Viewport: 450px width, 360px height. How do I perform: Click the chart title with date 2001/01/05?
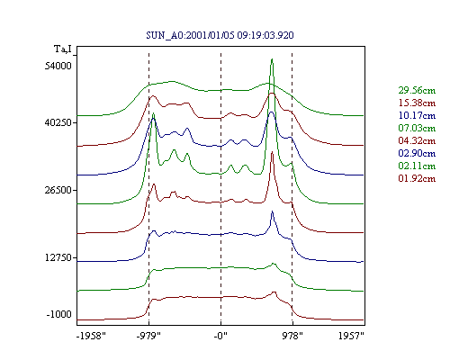pyautogui.click(x=220, y=35)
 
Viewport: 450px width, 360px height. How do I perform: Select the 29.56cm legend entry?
pyautogui.click(x=417, y=90)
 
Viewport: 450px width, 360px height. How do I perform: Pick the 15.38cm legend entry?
pyautogui.click(x=417, y=103)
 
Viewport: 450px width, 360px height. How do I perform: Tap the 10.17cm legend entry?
pyautogui.click(x=417, y=115)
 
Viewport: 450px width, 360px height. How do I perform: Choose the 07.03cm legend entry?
pyautogui.click(x=417, y=128)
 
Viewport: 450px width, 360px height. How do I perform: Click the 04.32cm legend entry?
pyautogui.click(x=417, y=140)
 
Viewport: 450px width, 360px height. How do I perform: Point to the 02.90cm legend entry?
pyautogui.click(x=417, y=153)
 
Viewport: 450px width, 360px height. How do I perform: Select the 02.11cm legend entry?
pyautogui.click(x=417, y=166)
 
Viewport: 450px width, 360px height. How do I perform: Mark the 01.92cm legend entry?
pyautogui.click(x=417, y=178)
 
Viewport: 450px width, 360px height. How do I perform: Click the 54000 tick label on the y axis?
pyautogui.click(x=58, y=66)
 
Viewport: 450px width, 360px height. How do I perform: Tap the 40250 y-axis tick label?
pyautogui.click(x=58, y=122)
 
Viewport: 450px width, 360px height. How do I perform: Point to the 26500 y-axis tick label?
pyautogui.click(x=58, y=190)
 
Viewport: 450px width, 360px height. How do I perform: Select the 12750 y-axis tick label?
pyautogui.click(x=58, y=257)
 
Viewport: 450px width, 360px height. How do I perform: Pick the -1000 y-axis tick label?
pyautogui.click(x=59, y=314)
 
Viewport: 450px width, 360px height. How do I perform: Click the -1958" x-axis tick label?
pyautogui.click(x=91, y=336)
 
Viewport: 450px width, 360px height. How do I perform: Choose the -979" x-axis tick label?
pyautogui.click(x=148, y=336)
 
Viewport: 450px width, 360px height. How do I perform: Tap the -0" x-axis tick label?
pyautogui.click(x=220, y=336)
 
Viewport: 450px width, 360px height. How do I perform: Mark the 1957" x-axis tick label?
pyautogui.click(x=351, y=336)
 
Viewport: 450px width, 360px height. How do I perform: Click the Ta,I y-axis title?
pyautogui.click(x=63, y=49)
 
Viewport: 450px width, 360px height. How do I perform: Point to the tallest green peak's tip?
pyautogui.click(x=272, y=59)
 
